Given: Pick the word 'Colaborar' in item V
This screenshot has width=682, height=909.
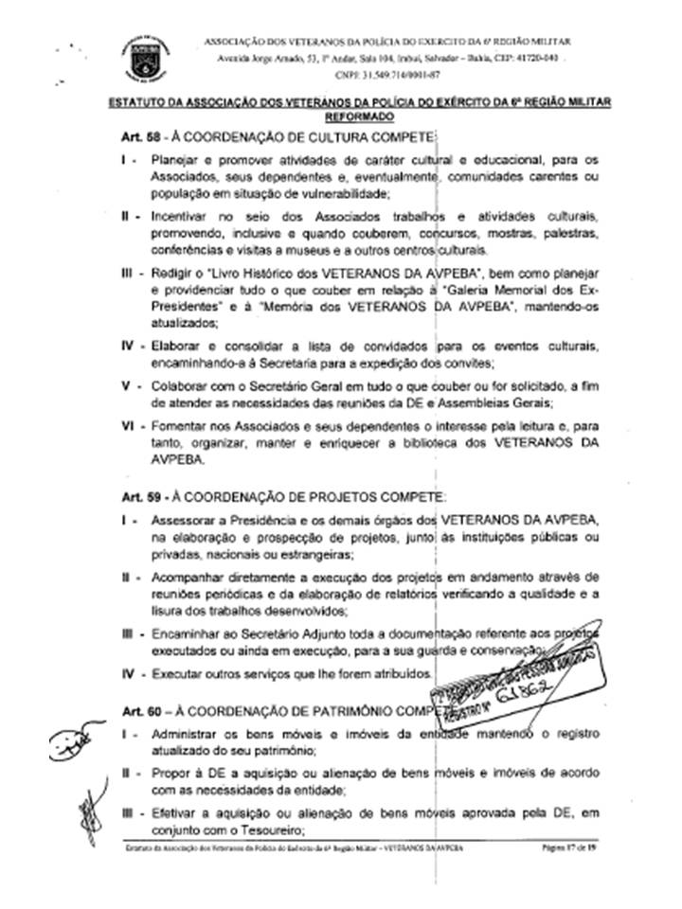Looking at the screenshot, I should pyautogui.click(x=180, y=387).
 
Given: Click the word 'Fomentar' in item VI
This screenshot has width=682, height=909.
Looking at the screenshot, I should pyautogui.click(x=179, y=428).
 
